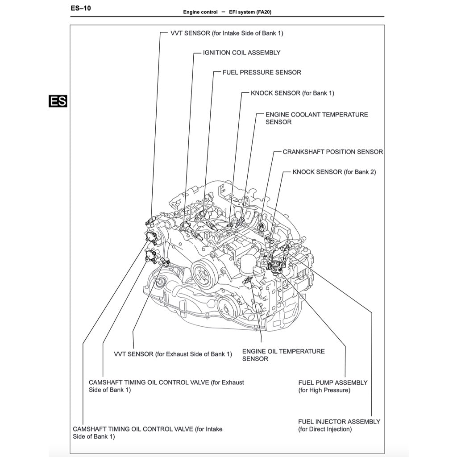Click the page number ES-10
click(81, 8)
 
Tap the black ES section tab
click(58, 101)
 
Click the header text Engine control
click(200, 12)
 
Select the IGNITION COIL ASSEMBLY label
click(241, 53)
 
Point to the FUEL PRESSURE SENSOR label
click(262, 72)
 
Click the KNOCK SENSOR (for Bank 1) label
click(292, 93)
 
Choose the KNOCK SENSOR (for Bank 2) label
click(334, 172)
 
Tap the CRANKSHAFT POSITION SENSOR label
click(332, 152)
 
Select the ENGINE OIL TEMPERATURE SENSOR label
click(283, 355)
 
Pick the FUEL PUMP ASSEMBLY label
click(332, 386)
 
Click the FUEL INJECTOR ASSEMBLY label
click(339, 425)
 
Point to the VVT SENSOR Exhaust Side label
click(173, 354)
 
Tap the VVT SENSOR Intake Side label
click(226, 33)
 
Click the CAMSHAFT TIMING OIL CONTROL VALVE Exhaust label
click(166, 386)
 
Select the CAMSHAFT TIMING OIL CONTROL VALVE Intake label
click(147, 432)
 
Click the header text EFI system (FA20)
click(250, 12)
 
